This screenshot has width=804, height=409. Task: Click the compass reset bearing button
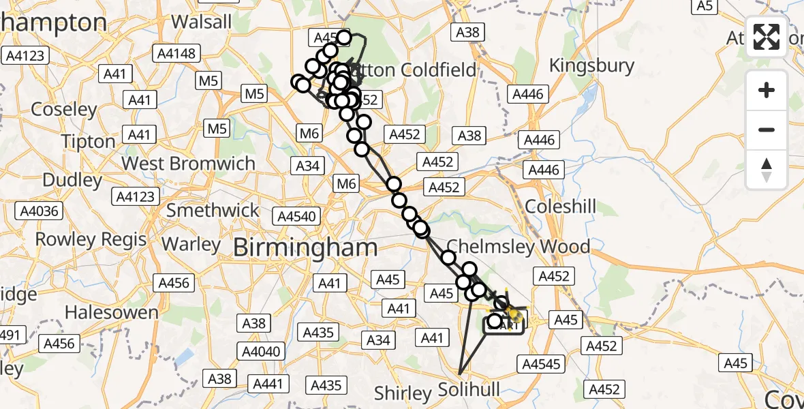[x=767, y=170]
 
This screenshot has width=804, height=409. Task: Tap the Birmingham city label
[x=305, y=247]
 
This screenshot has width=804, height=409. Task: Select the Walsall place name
[x=202, y=21]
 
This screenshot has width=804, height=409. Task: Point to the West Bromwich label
[x=188, y=164]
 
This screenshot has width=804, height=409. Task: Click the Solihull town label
[x=469, y=390]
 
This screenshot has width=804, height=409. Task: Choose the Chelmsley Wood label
[x=518, y=247]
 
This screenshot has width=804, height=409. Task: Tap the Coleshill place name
[x=561, y=206]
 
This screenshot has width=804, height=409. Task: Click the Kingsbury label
[x=591, y=66]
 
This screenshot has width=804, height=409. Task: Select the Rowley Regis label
[x=91, y=239]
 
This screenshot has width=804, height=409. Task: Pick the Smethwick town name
[x=213, y=210]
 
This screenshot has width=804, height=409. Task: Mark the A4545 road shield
[x=541, y=364]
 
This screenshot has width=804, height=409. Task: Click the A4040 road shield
[x=261, y=352]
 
